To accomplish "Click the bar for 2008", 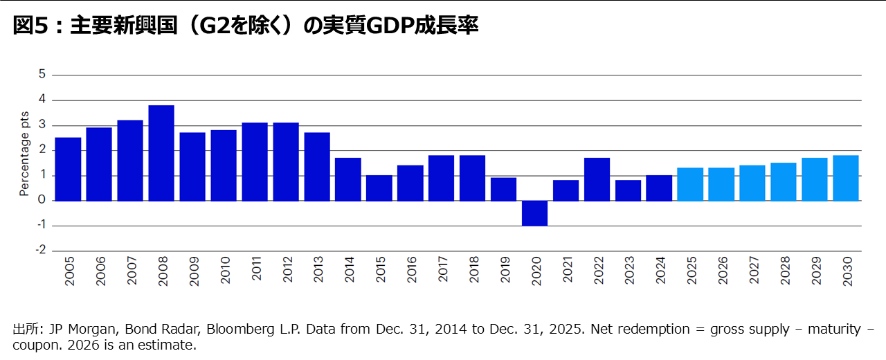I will pyautogui.click(x=161, y=153).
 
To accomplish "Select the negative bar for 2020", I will pyautogui.click(x=534, y=213).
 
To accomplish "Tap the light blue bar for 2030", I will pyautogui.click(x=846, y=178).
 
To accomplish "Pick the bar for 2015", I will pyautogui.click(x=379, y=188).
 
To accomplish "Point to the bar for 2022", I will pyautogui.click(x=597, y=179).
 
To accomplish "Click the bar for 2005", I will pyautogui.click(x=68, y=169).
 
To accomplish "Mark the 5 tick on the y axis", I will pyautogui.click(x=42, y=75).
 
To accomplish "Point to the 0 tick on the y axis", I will pyautogui.click(x=42, y=201).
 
